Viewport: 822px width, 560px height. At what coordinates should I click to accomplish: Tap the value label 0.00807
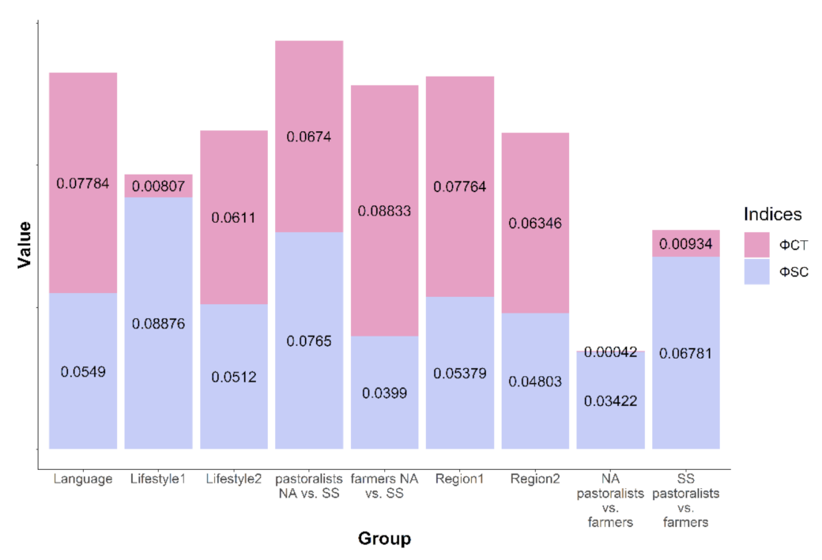[x=158, y=187]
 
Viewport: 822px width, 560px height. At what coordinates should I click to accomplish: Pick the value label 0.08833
[x=384, y=211]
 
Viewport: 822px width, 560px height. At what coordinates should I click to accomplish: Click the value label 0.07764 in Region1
[x=459, y=187]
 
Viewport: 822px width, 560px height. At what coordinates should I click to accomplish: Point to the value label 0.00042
[x=610, y=352]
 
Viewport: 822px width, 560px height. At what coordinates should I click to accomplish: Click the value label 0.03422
[x=610, y=401]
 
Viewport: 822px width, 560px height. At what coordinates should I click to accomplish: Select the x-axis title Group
[x=384, y=539]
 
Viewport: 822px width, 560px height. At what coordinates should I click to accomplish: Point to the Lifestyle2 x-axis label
[x=233, y=479]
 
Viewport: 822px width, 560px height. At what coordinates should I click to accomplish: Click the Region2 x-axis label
[x=535, y=479]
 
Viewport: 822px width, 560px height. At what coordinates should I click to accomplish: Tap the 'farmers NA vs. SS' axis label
[x=384, y=486]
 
